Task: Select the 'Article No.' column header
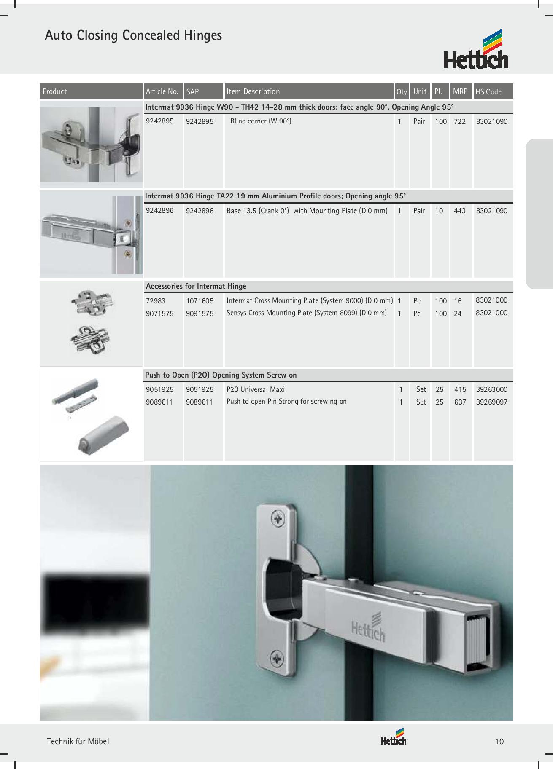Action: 162,91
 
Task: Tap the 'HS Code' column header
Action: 488,91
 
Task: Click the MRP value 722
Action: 460,121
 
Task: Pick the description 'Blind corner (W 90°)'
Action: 261,121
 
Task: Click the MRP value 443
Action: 460,211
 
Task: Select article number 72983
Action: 156,301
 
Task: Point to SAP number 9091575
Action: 200,313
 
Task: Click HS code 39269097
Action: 492,402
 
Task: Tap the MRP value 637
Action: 460,402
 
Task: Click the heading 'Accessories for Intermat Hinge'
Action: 196,286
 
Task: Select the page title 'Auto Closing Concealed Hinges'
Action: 133,35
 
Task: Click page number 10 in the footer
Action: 499,741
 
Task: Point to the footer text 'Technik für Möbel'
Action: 78,741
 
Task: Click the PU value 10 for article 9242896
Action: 439,211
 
